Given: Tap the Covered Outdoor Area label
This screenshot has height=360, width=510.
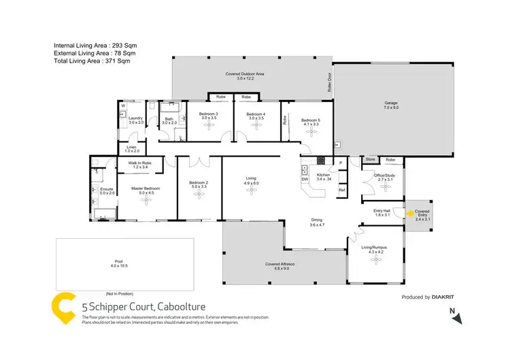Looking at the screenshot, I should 245,76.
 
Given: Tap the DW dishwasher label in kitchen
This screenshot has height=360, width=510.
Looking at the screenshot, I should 304,179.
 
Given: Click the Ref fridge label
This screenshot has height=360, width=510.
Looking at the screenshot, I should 341,189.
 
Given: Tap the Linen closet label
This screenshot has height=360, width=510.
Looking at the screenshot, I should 130,148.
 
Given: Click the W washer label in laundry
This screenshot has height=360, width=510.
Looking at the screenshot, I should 123,105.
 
